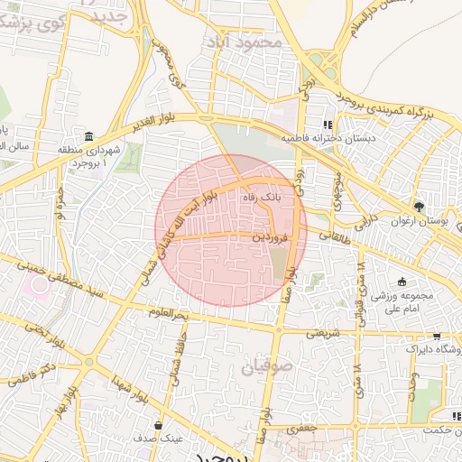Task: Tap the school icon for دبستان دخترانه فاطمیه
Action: (328, 125)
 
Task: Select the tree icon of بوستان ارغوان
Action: (417, 206)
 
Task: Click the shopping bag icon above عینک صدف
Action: (159, 425)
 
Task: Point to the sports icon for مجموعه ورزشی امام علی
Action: (402, 282)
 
